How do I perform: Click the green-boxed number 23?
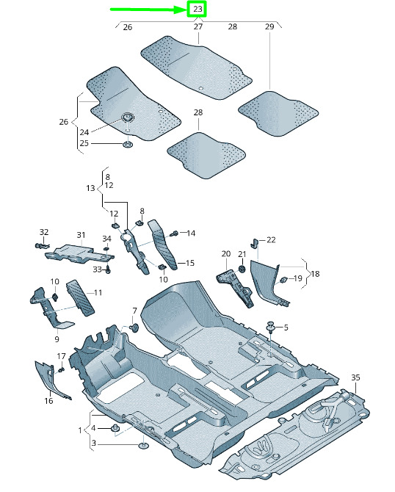click(x=197, y=9)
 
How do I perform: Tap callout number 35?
click(x=355, y=377)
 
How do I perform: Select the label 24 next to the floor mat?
click(x=84, y=132)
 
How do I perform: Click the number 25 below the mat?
click(x=84, y=143)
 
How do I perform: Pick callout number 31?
click(x=81, y=235)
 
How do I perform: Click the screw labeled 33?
click(x=108, y=269)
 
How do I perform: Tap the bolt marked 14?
click(x=174, y=234)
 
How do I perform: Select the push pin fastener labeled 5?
click(x=269, y=327)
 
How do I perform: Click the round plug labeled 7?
click(x=135, y=328)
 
